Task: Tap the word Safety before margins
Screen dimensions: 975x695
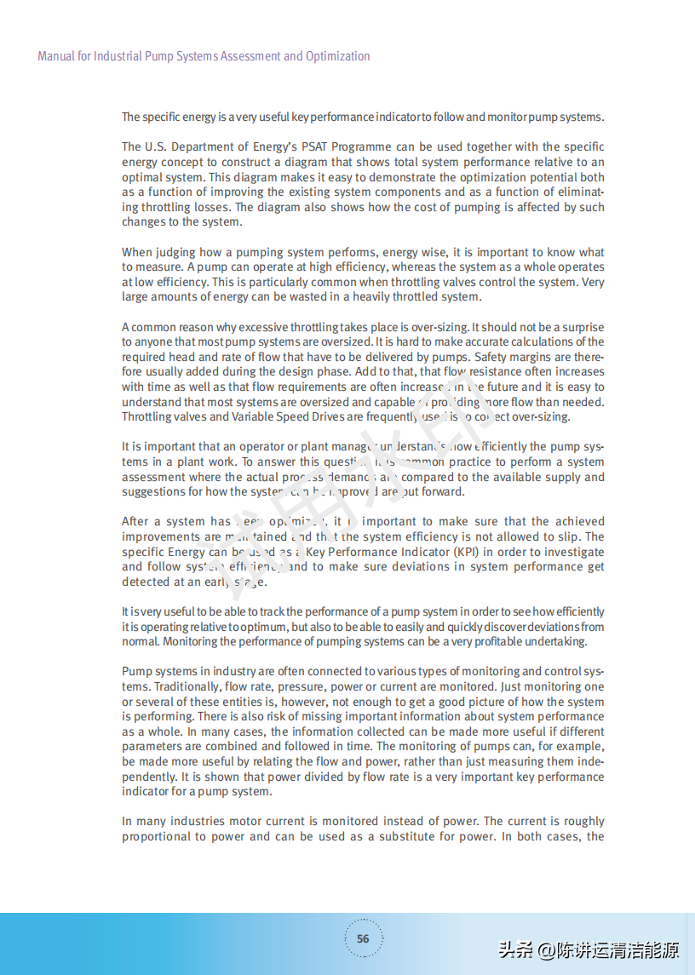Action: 494,357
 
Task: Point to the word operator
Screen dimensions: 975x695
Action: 244,446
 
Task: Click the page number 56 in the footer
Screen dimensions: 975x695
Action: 363,938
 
